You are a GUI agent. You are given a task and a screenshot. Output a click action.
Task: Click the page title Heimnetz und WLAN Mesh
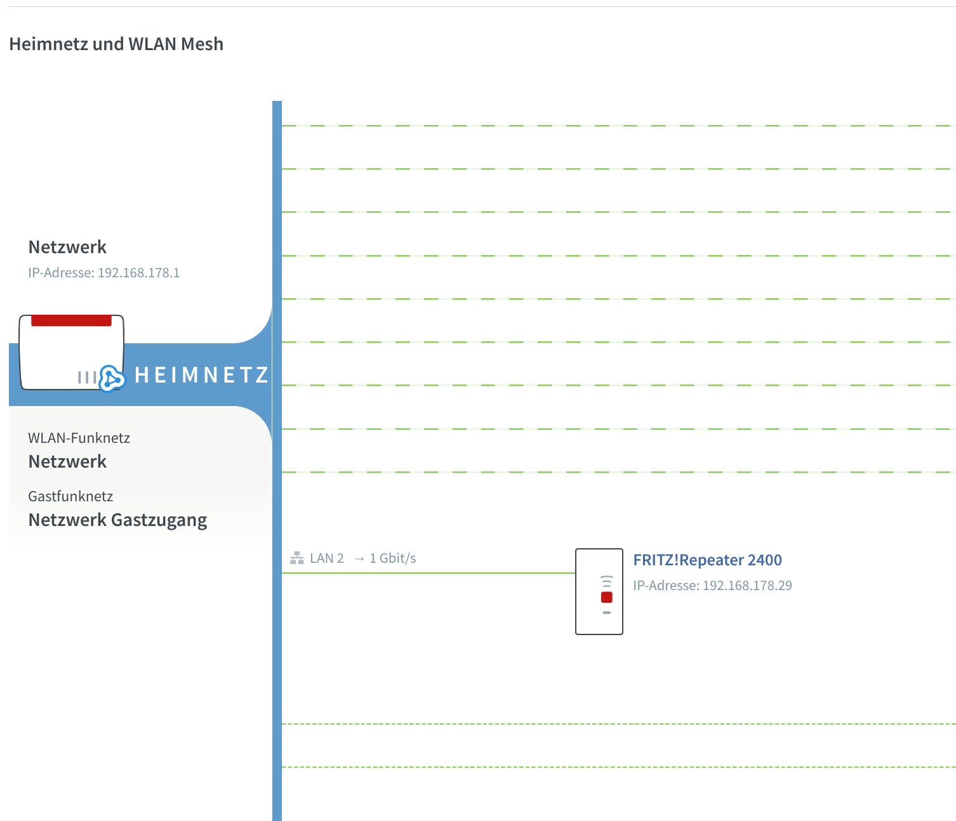[116, 44]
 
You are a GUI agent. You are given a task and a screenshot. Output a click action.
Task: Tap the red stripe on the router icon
[71, 320]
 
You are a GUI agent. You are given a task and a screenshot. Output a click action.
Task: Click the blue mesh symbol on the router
[112, 379]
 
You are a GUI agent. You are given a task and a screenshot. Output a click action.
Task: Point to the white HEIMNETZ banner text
[202, 375]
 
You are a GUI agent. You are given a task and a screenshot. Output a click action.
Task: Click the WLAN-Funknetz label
[79, 438]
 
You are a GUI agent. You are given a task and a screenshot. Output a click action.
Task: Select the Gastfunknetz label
[70, 496]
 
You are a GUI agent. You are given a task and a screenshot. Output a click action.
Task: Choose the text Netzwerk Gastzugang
[117, 520]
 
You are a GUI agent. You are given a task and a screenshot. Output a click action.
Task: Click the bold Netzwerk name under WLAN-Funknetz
[67, 461]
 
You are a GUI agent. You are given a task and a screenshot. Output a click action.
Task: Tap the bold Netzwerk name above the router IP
[67, 247]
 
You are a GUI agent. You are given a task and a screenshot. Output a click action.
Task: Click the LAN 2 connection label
[326, 558]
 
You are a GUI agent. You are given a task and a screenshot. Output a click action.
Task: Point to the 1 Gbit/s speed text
[392, 558]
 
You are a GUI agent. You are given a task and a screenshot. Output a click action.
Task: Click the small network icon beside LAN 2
[296, 558]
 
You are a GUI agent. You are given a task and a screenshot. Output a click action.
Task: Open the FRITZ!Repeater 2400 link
[707, 560]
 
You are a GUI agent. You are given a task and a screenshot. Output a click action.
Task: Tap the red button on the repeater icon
[606, 597]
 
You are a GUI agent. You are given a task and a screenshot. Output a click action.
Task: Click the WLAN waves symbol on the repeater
[606, 581]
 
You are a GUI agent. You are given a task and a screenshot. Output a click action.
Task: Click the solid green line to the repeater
[428, 573]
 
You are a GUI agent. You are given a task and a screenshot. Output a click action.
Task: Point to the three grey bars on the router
[86, 378]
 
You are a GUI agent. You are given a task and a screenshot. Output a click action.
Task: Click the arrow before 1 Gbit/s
[359, 558]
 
